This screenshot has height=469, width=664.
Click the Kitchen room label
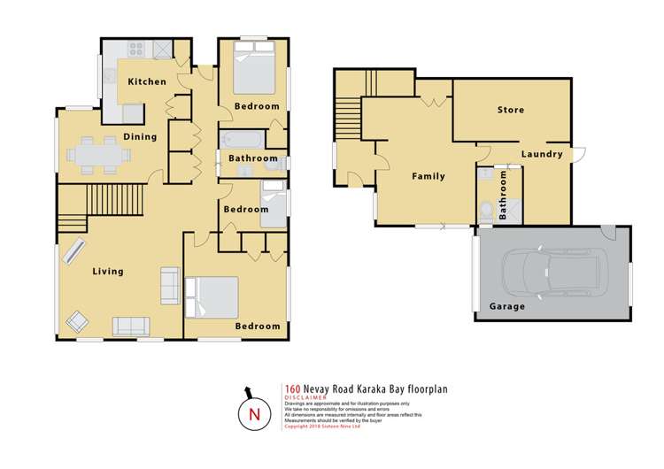click(146, 81)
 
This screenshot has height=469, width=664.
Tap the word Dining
click(140, 136)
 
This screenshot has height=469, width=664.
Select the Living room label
click(108, 271)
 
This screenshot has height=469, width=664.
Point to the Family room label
click(429, 176)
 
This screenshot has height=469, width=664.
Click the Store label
click(510, 110)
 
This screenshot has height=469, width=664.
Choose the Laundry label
click(542, 154)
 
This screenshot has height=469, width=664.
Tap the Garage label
click(507, 306)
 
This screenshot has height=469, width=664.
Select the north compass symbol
click(255, 412)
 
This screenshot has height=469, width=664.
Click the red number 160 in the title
click(292, 388)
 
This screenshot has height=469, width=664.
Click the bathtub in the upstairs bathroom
click(242, 140)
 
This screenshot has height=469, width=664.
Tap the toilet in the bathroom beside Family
click(486, 210)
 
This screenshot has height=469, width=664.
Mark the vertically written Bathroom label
click(504, 195)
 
